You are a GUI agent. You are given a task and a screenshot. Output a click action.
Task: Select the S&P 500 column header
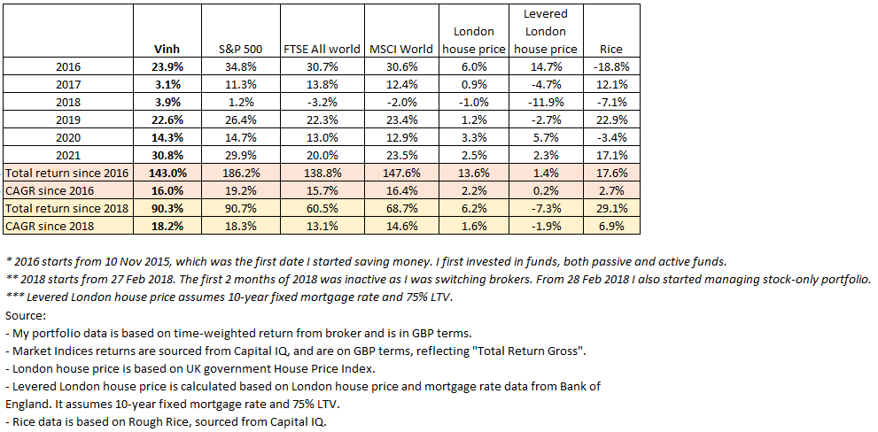tap(238, 50)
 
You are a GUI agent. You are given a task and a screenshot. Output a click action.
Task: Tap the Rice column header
tap(610, 50)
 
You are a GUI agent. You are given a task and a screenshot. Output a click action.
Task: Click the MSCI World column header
tap(401, 50)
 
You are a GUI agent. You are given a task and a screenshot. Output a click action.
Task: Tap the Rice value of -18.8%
tap(610, 66)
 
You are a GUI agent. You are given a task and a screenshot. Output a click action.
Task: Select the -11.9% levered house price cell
tap(545, 104)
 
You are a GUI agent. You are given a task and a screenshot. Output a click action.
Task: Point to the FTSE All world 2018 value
tap(321, 104)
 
